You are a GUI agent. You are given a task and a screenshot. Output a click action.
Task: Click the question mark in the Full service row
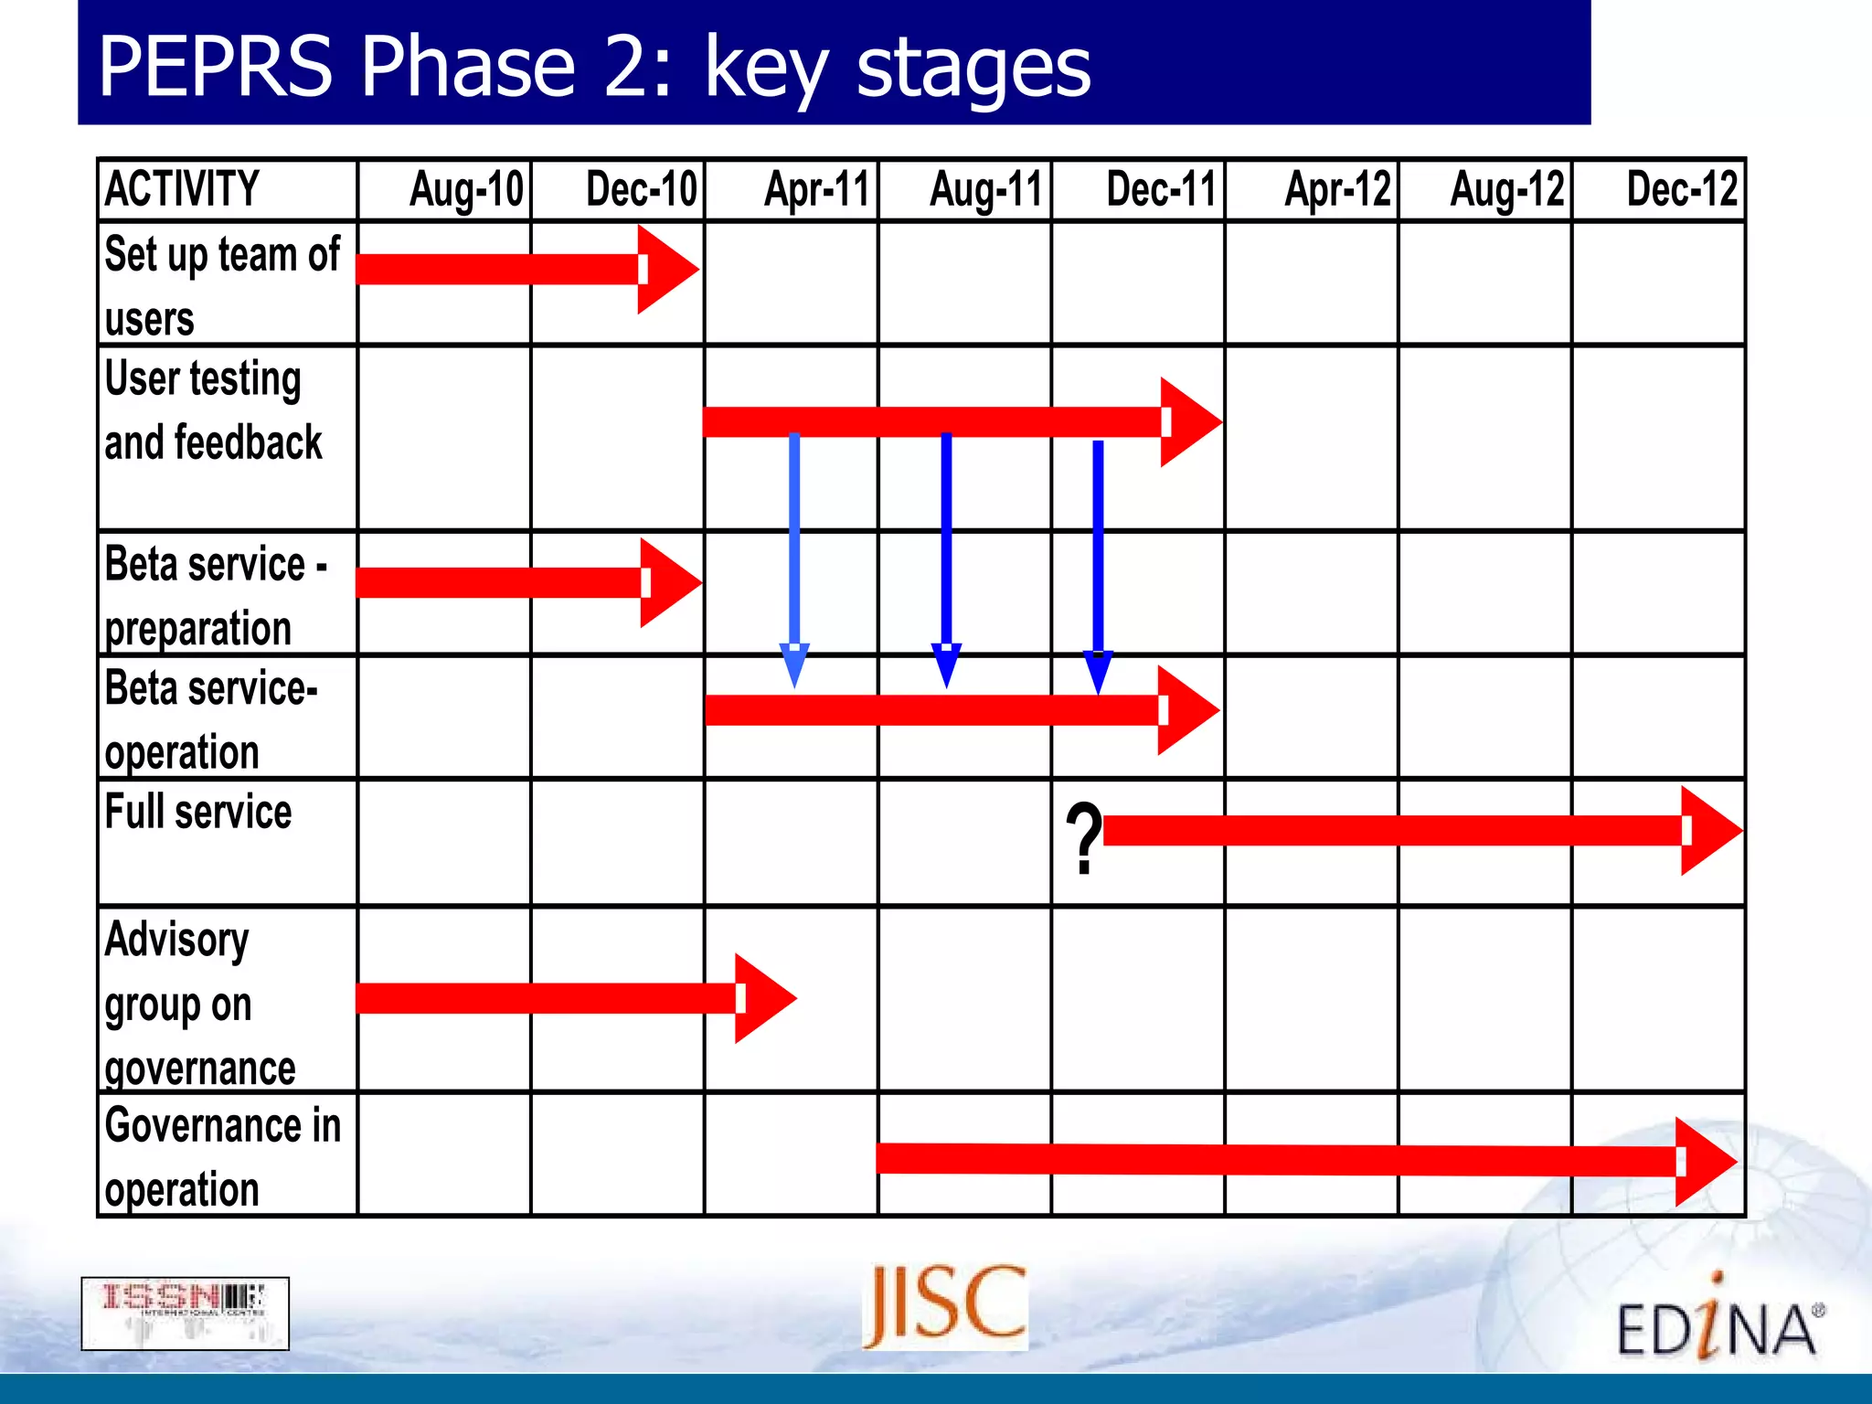pyautogui.click(x=1084, y=839)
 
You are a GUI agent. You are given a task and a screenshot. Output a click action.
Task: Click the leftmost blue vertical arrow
pyautogui.click(x=794, y=558)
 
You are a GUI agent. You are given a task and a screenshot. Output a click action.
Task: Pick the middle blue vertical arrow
pyautogui.click(x=946, y=558)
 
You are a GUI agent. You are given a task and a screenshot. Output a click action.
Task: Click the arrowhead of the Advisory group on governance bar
pyautogui.click(x=764, y=998)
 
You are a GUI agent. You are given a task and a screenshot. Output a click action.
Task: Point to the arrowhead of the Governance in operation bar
pyautogui.click(x=1705, y=1162)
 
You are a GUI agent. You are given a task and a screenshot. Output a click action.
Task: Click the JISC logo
pyautogui.click(x=945, y=1306)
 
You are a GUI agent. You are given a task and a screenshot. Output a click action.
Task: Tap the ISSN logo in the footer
pyautogui.click(x=186, y=1314)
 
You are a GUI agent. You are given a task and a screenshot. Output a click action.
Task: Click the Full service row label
pyautogui.click(x=198, y=812)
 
